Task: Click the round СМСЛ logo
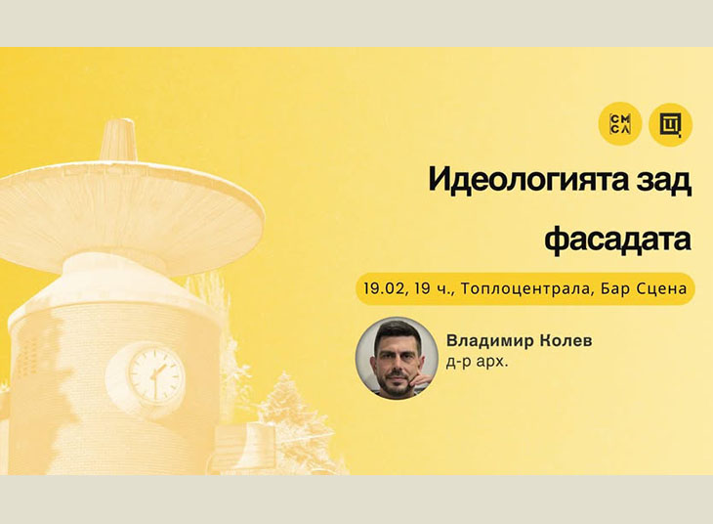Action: click(620, 124)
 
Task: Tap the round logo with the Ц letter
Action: click(670, 124)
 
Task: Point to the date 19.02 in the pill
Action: click(383, 288)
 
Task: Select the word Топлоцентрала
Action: click(522, 288)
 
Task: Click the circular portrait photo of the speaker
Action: click(396, 358)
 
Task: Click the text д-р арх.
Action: click(474, 363)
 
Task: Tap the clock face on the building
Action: click(156, 376)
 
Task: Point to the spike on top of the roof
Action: click(117, 138)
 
